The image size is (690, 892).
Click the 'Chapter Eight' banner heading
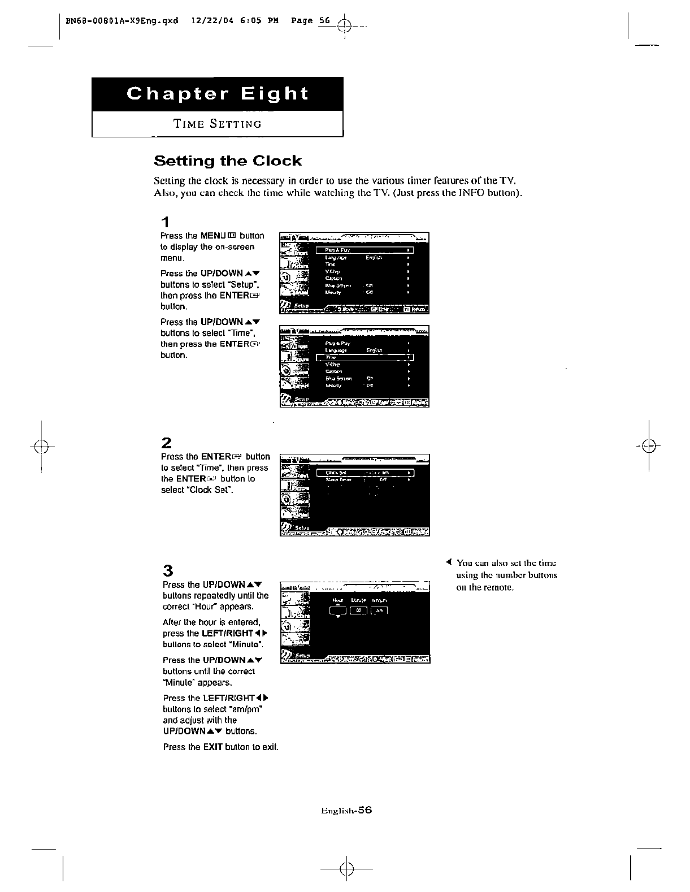(x=218, y=93)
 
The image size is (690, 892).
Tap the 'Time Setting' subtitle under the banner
(x=218, y=124)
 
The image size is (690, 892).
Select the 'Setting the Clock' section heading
(x=228, y=161)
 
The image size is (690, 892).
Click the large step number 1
(x=165, y=221)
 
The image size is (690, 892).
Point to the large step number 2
(x=166, y=443)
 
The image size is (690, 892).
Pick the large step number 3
(x=167, y=570)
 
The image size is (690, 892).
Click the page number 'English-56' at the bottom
(x=346, y=810)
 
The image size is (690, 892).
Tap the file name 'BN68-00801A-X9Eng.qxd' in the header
(x=122, y=21)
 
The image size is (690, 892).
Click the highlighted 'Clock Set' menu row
(x=365, y=473)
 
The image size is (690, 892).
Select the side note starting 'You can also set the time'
(x=506, y=575)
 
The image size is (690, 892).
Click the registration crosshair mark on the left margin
(x=43, y=446)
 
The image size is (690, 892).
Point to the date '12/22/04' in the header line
(x=210, y=21)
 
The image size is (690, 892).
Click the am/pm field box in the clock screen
(x=379, y=610)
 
